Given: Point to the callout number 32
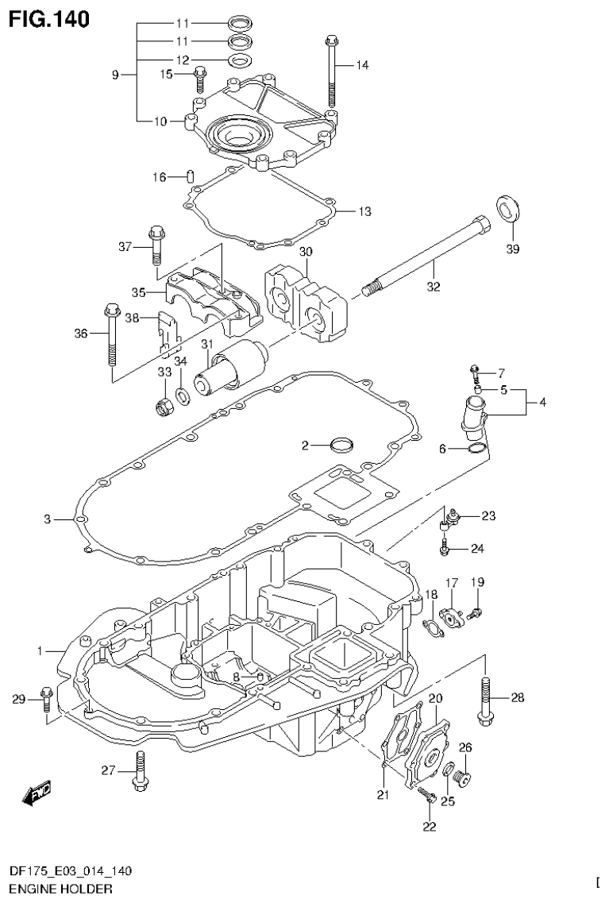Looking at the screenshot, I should [433, 287].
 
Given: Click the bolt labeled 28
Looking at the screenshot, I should [485, 700].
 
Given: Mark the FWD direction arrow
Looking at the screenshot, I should [37, 791].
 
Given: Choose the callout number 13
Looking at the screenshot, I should [364, 212].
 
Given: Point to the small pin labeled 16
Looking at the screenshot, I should [191, 176].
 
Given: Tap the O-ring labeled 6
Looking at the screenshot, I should [476, 450].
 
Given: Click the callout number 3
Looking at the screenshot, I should [48, 519].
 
